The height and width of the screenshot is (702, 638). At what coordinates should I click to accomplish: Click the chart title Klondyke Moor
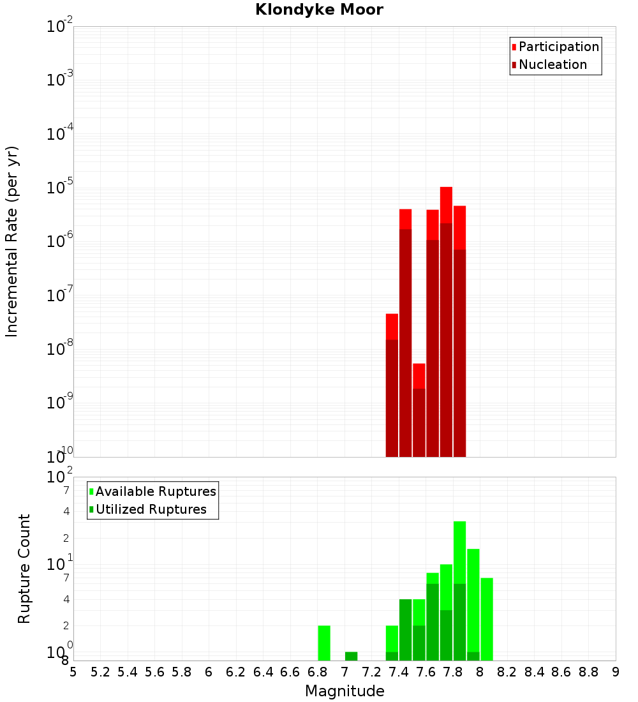[319, 10]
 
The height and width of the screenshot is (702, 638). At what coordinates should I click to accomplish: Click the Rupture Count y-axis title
[24, 569]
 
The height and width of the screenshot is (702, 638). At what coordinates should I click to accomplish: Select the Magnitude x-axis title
[345, 691]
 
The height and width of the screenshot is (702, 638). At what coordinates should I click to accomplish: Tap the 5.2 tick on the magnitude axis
[101, 671]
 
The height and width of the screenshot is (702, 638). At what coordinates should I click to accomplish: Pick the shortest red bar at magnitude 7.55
[419, 408]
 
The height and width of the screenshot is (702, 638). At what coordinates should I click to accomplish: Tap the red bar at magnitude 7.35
[392, 383]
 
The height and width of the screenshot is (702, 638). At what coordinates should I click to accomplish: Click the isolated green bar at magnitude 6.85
[324, 643]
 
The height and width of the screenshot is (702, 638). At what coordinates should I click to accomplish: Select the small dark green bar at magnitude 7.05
[351, 656]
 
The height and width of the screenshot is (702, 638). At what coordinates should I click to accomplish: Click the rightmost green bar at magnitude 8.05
[487, 619]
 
